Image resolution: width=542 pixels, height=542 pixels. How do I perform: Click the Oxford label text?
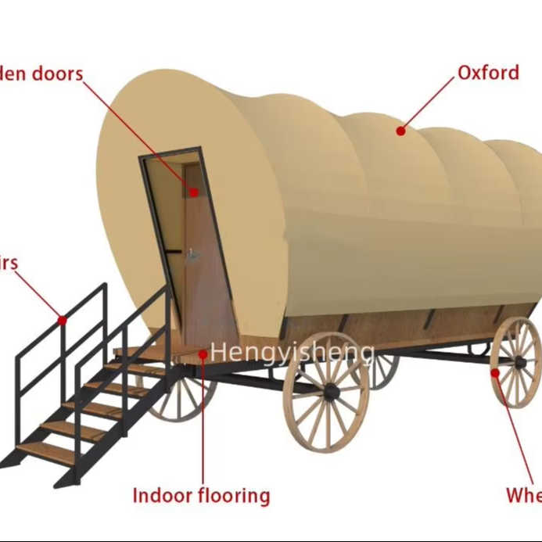click(x=488, y=73)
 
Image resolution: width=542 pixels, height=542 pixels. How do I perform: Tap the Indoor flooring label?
click(x=201, y=496)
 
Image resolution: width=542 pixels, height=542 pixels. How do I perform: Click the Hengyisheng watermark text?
click(x=292, y=352)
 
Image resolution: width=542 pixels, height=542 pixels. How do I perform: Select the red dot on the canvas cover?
click(x=400, y=131)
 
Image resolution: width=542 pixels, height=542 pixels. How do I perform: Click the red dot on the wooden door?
click(x=192, y=191)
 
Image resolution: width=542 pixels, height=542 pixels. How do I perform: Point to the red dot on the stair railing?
click(x=62, y=319)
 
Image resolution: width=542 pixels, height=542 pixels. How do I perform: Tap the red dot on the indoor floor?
click(x=203, y=354)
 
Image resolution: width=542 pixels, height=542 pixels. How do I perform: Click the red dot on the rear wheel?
click(x=494, y=372)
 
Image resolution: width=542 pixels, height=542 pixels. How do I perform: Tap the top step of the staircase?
click(x=141, y=351)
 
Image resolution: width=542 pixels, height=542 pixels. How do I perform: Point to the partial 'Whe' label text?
click(x=523, y=496)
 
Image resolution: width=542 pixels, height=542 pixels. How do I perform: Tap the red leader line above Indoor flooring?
click(x=203, y=422)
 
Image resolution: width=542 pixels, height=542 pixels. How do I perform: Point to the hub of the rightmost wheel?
click(x=517, y=362)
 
